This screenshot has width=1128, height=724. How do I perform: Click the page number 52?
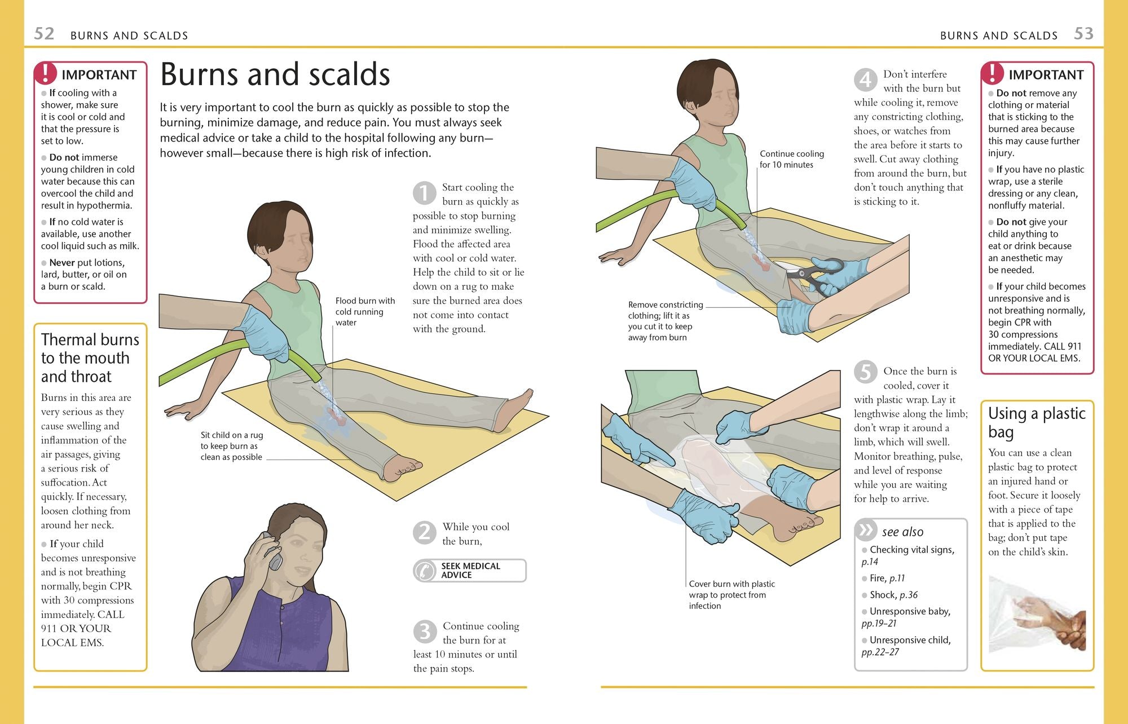(x=44, y=34)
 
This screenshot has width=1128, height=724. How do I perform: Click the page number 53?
(x=1083, y=34)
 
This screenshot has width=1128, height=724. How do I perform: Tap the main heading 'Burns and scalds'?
(x=275, y=74)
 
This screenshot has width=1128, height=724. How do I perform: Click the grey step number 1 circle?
(x=424, y=193)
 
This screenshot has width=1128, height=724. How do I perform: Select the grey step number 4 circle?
(x=865, y=80)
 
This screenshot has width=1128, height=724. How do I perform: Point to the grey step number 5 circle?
(x=865, y=372)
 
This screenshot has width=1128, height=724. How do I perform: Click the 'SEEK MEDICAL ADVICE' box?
(x=469, y=571)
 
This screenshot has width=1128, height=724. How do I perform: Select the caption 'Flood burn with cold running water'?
(x=365, y=312)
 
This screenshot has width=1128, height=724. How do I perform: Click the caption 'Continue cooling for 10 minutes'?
(x=791, y=159)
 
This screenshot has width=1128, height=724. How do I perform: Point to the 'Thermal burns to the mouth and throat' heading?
(x=90, y=358)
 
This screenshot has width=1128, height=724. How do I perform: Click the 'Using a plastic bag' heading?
(x=1037, y=422)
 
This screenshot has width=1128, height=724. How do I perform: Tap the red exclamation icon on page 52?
(x=46, y=73)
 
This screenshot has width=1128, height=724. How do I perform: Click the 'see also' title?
(x=902, y=532)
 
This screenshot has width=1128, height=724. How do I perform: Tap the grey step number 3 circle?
(x=425, y=632)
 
